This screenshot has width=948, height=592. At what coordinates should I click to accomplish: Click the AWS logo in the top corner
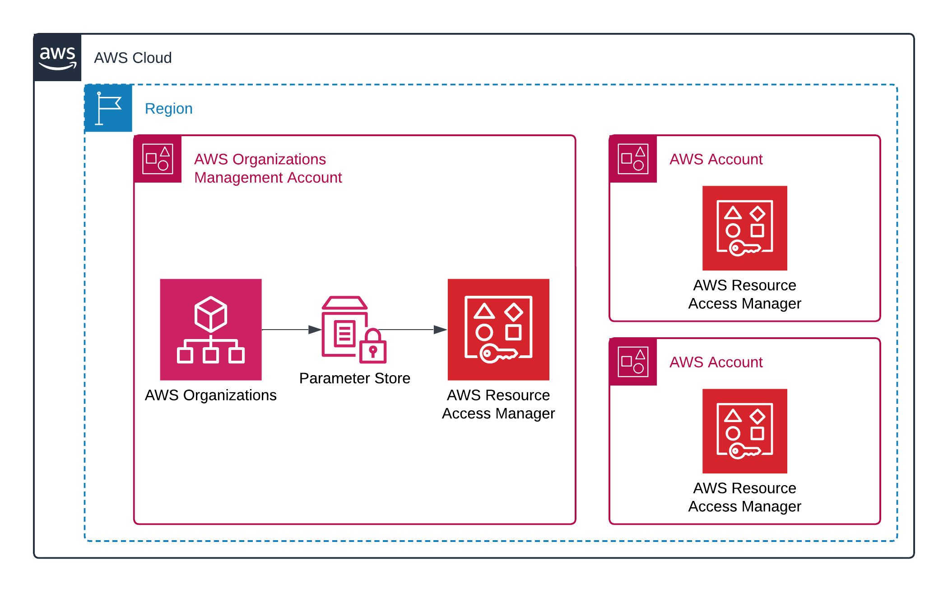point(57,58)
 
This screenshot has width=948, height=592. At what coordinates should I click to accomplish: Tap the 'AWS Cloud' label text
point(133,58)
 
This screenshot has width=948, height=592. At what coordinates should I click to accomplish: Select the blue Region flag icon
point(108,108)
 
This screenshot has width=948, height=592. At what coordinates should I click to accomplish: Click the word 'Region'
point(168,109)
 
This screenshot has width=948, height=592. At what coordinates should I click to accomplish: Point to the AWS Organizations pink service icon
point(211,330)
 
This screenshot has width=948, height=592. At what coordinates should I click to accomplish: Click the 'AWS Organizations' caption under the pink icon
point(210,395)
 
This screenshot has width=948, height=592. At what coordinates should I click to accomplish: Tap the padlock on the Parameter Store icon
point(373,348)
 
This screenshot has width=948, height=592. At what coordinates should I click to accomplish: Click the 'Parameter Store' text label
point(354,378)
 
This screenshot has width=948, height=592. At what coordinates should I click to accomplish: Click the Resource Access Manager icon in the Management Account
point(498,330)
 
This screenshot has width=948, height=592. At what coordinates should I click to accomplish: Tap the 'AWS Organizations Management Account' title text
point(268,168)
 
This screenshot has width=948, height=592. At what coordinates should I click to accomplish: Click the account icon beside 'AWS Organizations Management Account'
point(158,159)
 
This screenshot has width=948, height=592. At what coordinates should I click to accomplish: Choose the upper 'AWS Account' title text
point(716,159)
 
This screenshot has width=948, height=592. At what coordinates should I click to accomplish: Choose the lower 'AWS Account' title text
point(716,362)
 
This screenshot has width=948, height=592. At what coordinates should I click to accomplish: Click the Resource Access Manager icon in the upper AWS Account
point(744,228)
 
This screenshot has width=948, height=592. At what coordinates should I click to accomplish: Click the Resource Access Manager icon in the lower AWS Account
point(744,431)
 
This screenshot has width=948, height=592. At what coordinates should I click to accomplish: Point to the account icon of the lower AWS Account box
point(633,362)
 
